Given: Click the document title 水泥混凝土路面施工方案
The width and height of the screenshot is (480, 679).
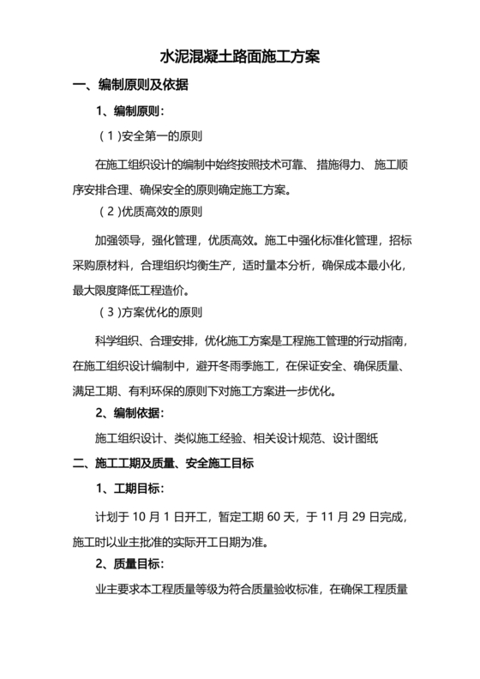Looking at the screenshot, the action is click(x=240, y=57).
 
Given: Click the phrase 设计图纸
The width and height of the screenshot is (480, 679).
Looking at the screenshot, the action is click(x=354, y=438).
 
